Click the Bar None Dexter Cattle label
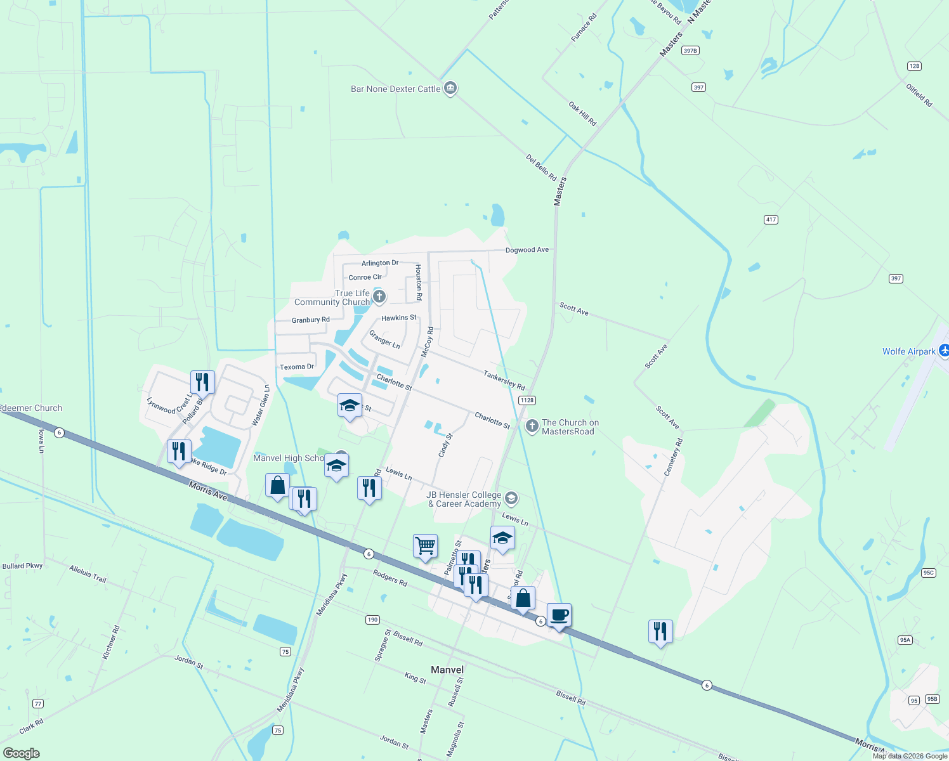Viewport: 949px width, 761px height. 395,89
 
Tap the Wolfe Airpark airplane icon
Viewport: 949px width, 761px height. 943,350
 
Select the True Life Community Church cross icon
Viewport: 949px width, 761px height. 379,296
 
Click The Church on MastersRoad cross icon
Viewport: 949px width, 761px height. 532,426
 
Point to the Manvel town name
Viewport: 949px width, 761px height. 447,670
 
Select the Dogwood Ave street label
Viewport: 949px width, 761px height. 527,250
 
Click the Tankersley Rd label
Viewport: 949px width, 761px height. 504,380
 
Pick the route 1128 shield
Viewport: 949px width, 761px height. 527,400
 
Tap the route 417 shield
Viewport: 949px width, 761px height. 771,219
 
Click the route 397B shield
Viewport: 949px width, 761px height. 690,51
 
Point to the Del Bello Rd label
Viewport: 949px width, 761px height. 541,167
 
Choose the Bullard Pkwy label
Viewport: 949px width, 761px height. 22,566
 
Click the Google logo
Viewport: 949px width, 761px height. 22,753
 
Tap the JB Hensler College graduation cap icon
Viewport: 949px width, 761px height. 511,498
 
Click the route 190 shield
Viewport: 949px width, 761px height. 372,620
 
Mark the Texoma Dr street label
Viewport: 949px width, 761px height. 297,367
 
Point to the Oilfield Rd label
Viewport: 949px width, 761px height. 919,95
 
